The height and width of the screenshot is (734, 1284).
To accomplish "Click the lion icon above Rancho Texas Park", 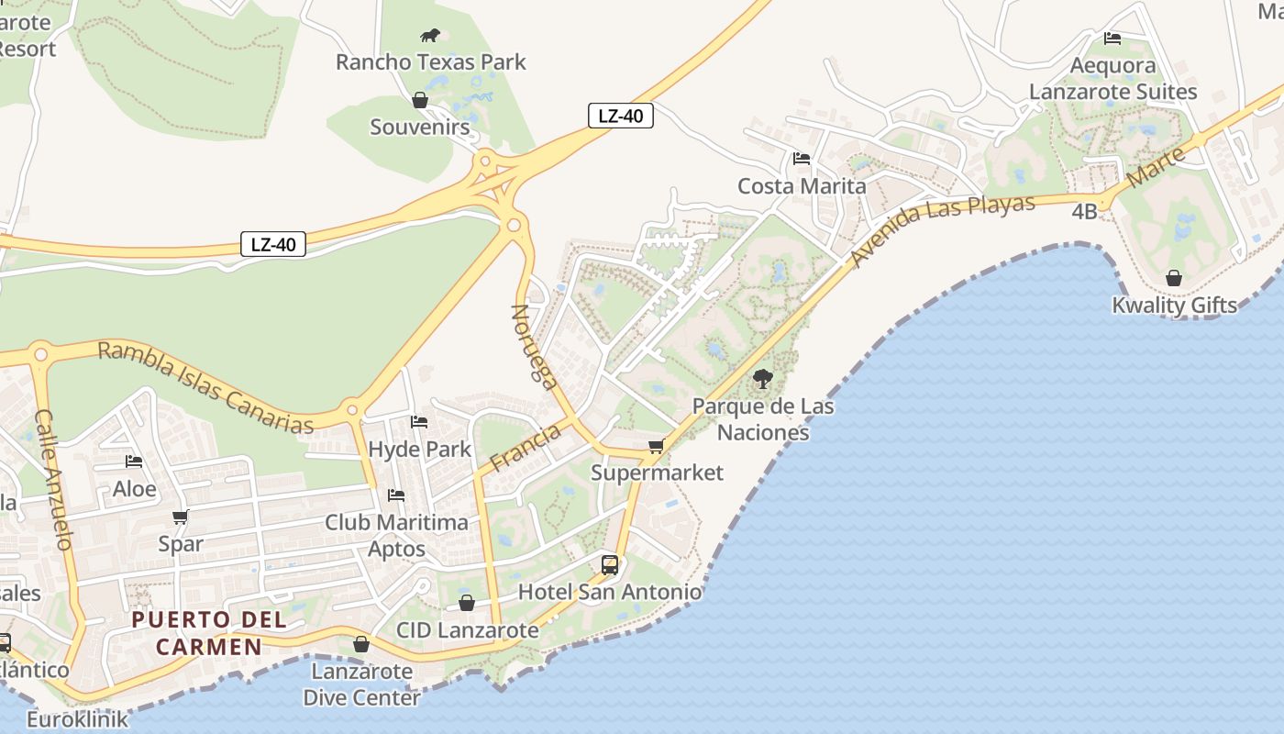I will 430,36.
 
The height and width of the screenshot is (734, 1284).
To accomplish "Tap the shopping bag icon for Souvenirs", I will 420,100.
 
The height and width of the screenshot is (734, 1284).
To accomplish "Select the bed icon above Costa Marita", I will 802,159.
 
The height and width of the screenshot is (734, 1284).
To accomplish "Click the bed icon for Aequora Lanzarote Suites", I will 1112,39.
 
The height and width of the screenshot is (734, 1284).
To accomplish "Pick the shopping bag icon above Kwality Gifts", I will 1174,278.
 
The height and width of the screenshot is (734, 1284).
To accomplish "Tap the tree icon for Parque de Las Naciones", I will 762,378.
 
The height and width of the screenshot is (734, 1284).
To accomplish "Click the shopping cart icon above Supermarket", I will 656,447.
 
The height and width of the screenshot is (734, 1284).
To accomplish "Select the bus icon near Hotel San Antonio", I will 610,564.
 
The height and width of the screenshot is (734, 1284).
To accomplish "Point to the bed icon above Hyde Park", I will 419,422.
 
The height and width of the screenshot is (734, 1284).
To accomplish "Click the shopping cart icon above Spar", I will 180,517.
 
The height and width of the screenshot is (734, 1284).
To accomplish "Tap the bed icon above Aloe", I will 134,462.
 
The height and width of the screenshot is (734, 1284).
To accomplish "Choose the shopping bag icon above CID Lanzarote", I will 467,603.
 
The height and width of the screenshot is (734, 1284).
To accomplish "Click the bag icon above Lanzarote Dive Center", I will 361,644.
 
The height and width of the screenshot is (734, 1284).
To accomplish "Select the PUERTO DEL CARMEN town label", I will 209,633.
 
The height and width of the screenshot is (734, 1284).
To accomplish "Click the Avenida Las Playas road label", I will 944,230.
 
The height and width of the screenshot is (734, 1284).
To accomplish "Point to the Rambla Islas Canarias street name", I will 205,387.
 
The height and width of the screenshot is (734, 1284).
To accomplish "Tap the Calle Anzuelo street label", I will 53,479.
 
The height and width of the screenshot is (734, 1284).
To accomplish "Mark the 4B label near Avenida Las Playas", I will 1084,212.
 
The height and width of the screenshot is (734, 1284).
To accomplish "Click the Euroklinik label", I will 77,718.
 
